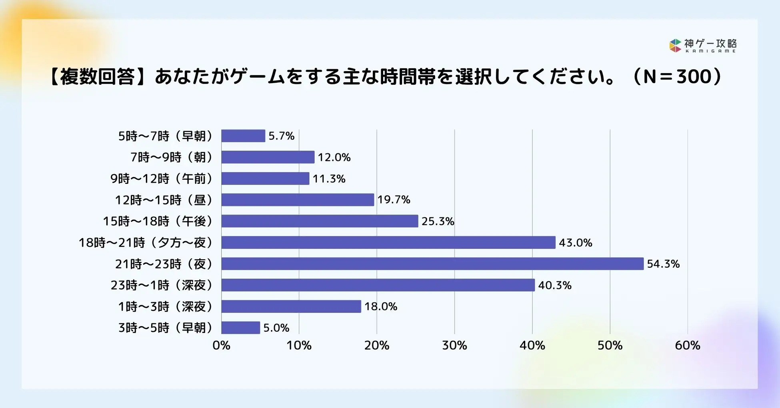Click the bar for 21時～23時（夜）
click(432, 264)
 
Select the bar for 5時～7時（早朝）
click(243, 136)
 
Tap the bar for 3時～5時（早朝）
click(240, 328)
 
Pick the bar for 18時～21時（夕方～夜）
click(388, 243)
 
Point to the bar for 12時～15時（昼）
click(298, 200)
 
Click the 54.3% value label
click(663, 264)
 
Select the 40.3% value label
click(554, 285)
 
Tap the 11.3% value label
click(329, 179)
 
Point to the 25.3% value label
click(438, 221)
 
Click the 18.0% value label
click(380, 306)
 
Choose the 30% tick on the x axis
click(454, 345)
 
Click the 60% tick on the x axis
click(687, 345)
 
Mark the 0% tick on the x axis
click(221, 345)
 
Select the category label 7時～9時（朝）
click(172, 157)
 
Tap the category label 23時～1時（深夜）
click(162, 285)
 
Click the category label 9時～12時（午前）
click(162, 179)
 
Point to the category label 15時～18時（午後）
click(158, 221)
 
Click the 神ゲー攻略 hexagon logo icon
click(675, 46)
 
